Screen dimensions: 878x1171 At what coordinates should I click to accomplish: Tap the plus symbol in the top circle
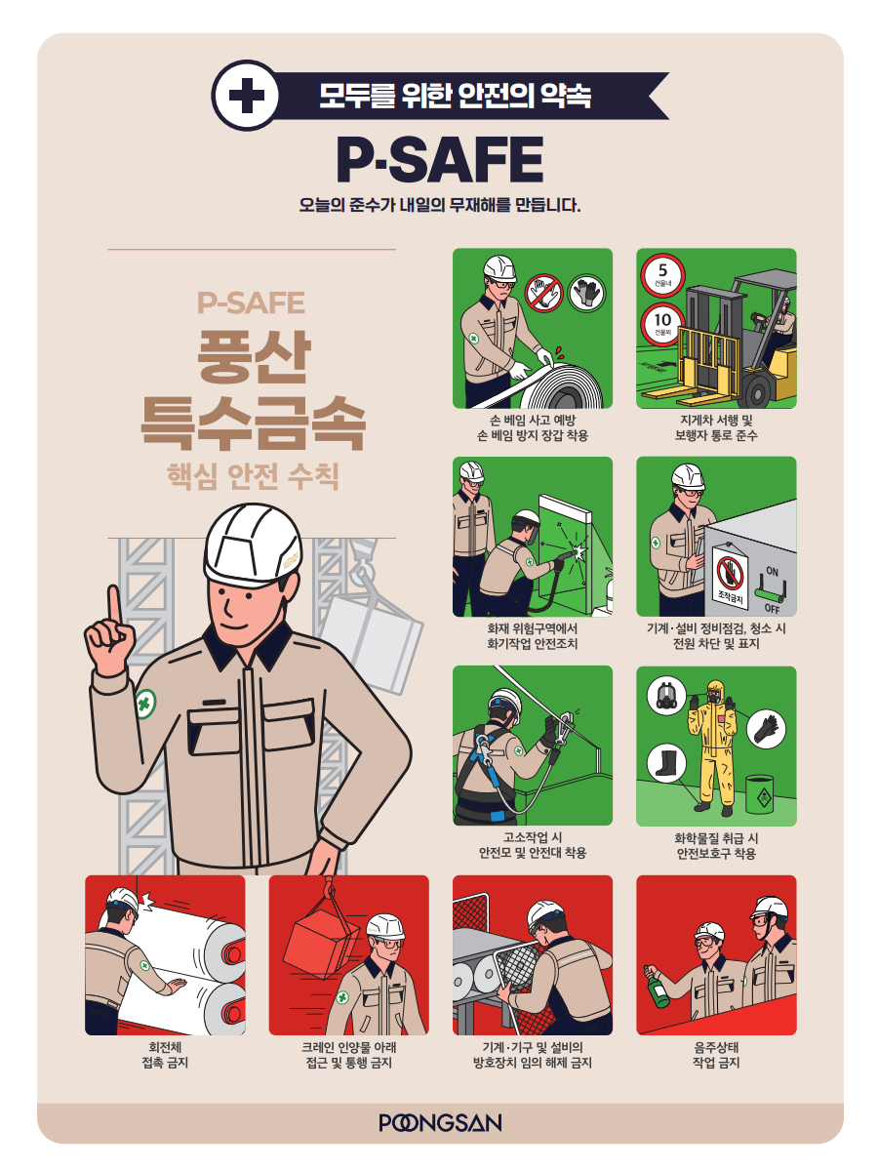pos(246,96)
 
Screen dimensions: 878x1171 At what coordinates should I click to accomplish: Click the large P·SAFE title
pos(440,159)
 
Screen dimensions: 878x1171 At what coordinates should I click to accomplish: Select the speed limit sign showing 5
pos(662,275)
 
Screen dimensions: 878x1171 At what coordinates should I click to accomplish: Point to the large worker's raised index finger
pos(114,604)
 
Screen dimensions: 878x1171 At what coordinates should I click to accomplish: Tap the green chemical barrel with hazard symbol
pos(759,793)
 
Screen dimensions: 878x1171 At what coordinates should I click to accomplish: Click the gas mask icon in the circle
pos(666,696)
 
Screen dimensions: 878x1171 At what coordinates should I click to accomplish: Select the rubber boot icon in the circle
pos(666,763)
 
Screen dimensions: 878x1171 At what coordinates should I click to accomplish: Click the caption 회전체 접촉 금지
pos(165,1055)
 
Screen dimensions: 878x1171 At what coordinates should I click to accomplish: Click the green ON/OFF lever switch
pos(770,592)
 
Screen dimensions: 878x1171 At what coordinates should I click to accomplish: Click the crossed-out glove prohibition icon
pos(543,294)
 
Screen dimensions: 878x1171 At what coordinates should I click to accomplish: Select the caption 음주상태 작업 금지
pos(716,1055)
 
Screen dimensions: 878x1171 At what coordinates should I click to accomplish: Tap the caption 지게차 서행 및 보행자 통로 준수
pos(716,427)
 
